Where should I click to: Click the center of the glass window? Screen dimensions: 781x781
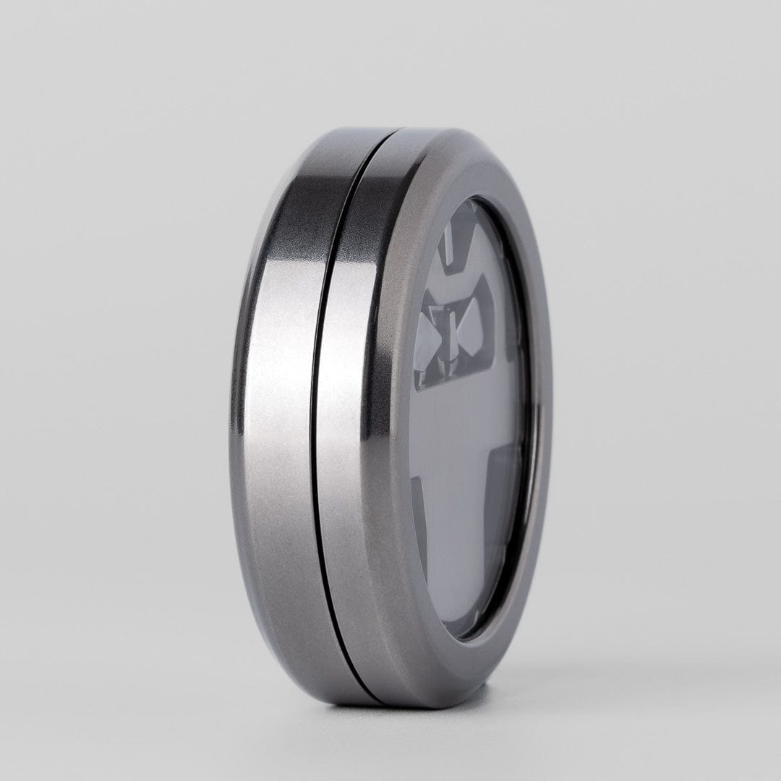click(470, 419)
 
